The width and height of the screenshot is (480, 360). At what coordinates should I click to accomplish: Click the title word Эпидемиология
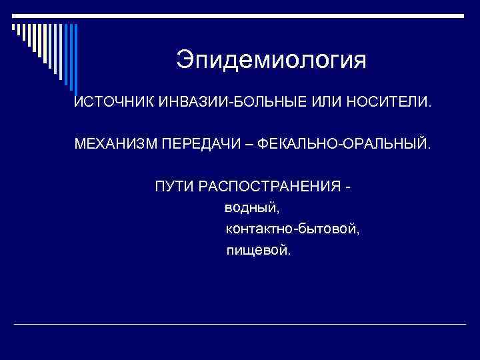click(x=271, y=61)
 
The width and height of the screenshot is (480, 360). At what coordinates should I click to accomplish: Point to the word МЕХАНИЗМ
click(x=114, y=144)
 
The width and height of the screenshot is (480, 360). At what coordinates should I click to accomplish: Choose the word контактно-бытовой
click(x=292, y=229)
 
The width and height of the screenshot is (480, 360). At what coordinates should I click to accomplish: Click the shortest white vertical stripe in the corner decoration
click(x=13, y=26)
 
